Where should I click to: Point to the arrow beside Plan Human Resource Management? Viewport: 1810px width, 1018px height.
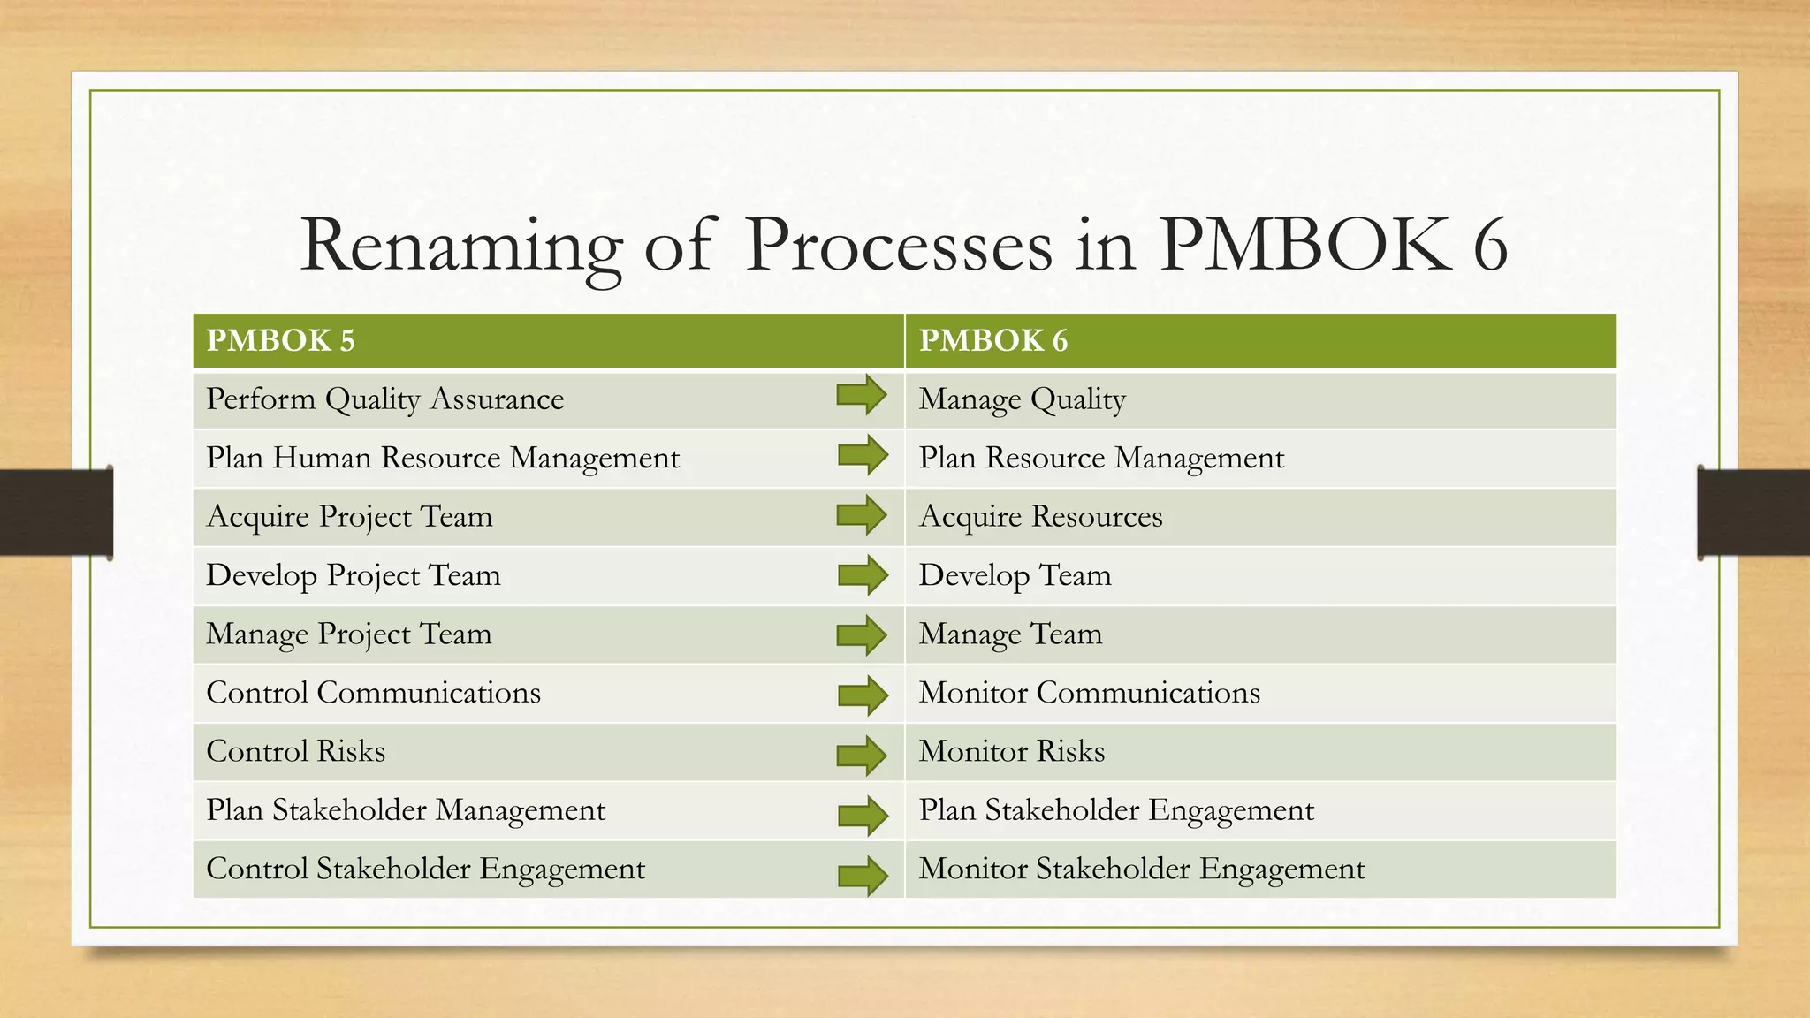pos(863,455)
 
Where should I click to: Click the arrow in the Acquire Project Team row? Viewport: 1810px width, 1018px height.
pos(862,515)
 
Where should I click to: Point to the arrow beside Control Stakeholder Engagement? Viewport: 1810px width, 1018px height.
pos(863,876)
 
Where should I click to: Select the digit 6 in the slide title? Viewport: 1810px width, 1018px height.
pos(1490,246)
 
